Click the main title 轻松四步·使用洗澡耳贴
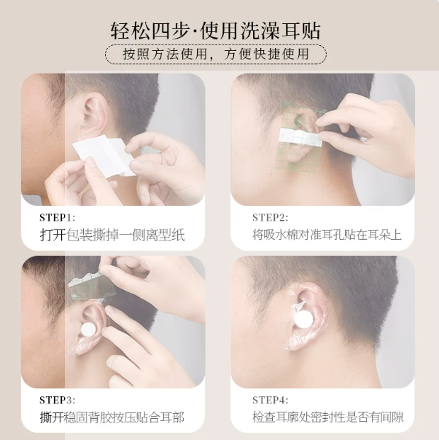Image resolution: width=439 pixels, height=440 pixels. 215,31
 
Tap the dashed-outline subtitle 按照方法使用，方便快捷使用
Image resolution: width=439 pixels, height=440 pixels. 216,54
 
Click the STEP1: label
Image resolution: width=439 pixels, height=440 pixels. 58,218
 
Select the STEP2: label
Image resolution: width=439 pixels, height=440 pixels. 270,218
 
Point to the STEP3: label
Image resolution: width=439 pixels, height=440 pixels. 58,400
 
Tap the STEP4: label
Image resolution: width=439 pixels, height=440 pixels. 270,400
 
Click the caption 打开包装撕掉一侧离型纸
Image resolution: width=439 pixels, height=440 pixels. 112,235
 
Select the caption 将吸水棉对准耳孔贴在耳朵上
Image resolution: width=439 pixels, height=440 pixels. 327,235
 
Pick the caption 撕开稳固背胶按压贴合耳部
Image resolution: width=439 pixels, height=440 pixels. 112,417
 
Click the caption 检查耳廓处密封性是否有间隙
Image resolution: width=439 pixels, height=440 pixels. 327,417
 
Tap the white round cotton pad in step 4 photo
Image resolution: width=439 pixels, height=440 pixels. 303,319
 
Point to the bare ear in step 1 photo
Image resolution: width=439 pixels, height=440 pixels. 94,115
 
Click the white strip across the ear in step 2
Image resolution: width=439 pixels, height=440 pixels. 300,138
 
